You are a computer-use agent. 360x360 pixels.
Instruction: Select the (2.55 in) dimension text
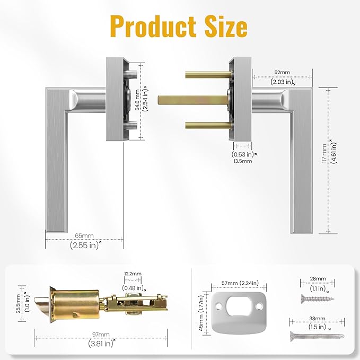click(x=85, y=245)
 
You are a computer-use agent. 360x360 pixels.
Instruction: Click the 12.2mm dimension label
click(x=133, y=274)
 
